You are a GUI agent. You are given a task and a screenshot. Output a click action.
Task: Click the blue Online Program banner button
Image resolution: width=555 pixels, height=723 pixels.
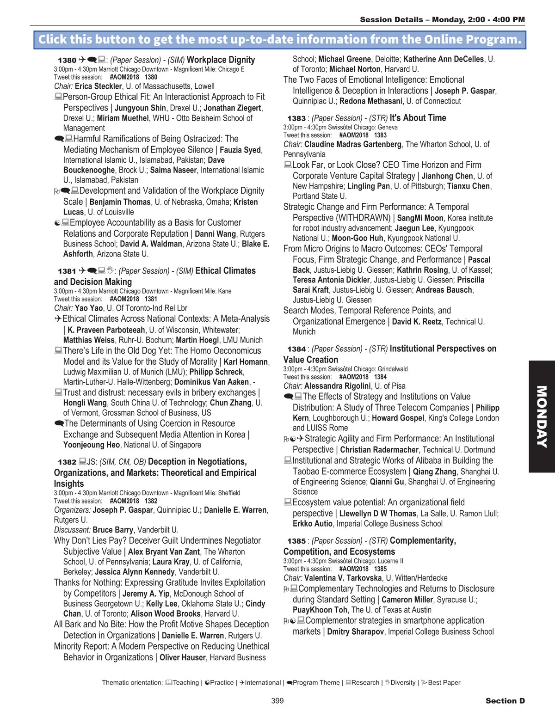pos(279,40)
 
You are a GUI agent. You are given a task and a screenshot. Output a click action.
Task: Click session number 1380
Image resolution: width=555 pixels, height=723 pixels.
pos(67,60)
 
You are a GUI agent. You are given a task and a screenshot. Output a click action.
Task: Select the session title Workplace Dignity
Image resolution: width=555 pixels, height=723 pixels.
pos(221,60)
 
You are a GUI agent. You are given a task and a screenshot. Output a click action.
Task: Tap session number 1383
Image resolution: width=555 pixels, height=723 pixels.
pos(296,118)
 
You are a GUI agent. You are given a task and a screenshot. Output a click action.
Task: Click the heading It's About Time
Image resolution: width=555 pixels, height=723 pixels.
pos(418,118)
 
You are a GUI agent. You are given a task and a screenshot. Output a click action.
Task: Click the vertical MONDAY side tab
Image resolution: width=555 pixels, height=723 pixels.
pos(542,416)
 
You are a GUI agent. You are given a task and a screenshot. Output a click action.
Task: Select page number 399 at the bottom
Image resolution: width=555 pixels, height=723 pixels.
pos(277,701)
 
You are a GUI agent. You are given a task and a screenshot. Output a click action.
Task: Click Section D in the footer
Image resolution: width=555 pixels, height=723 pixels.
pos(505,701)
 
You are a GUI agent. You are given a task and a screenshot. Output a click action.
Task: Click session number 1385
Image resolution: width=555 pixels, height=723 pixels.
pos(296,541)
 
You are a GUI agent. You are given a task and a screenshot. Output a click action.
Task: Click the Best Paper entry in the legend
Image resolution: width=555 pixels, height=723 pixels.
pos(444,682)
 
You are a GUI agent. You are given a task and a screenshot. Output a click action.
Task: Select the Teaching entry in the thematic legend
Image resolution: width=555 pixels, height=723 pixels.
pos(185,682)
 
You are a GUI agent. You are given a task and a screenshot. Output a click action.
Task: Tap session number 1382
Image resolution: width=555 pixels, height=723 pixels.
pos(67,462)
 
